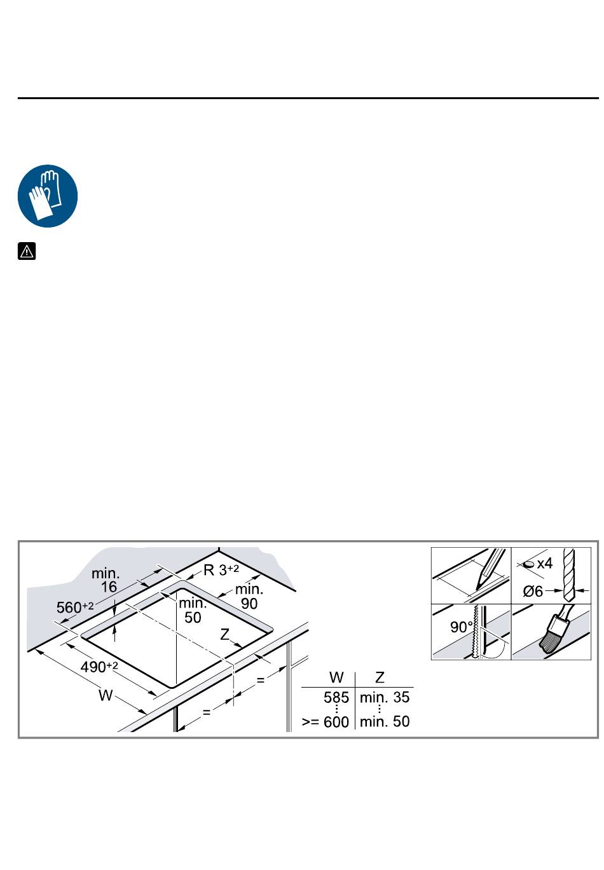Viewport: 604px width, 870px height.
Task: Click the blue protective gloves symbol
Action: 48,196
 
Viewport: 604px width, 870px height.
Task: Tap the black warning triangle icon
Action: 27,251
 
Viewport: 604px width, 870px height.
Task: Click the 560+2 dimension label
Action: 75,607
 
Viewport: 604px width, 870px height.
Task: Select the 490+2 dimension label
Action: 99,667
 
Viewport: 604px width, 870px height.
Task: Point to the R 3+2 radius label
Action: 221,570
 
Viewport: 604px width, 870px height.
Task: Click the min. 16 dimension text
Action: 106,580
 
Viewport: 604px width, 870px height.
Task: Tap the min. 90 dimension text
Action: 249,596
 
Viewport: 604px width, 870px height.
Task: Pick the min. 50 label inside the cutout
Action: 193,610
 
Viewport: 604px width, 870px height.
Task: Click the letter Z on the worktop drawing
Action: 224,634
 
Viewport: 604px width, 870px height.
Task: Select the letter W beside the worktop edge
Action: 106,695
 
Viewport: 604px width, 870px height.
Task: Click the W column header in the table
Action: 336,677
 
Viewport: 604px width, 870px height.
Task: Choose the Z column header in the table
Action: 380,677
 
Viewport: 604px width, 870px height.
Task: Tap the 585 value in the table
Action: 336,697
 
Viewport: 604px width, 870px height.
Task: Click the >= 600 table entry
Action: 326,722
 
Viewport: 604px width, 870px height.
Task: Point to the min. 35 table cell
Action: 385,697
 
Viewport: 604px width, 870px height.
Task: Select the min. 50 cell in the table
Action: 385,722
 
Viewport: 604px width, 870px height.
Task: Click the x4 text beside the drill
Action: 544,563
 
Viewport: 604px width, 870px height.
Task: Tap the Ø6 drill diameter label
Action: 533,591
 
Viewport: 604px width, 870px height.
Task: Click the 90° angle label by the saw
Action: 462,627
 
